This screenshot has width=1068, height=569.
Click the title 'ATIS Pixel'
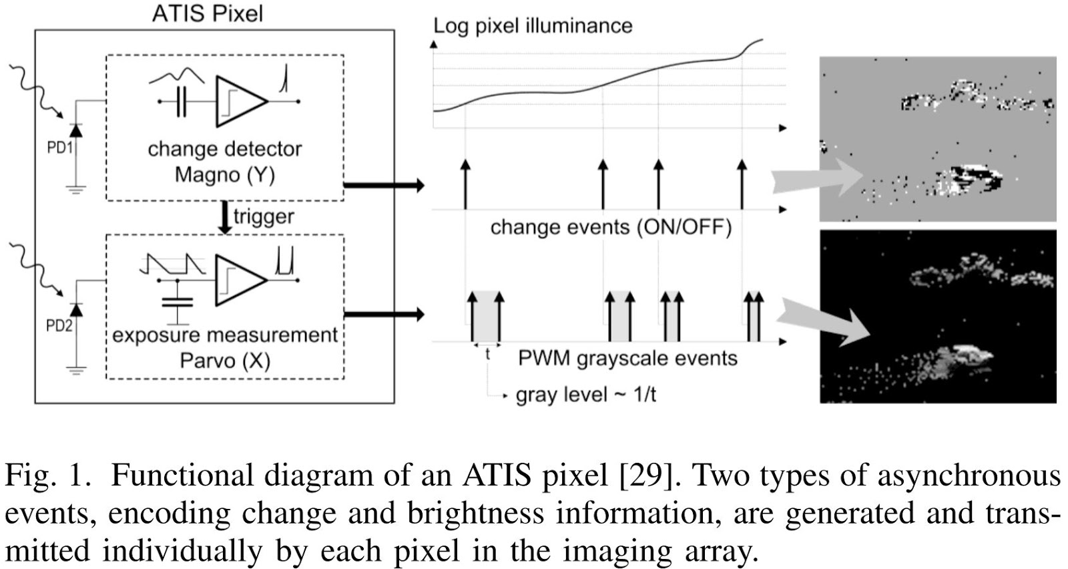click(x=208, y=13)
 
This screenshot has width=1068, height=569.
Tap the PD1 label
click(x=59, y=147)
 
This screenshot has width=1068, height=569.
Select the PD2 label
click(x=59, y=325)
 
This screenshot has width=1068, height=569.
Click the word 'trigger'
click(x=264, y=216)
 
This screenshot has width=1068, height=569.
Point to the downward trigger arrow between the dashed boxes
click(x=226, y=218)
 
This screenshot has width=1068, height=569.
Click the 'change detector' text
click(x=224, y=148)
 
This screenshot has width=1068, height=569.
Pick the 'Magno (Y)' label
click(x=224, y=174)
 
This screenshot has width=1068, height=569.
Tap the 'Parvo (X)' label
click(x=225, y=361)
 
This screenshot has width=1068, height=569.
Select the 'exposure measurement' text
click(x=225, y=335)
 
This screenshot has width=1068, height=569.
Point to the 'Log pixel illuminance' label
click(x=532, y=26)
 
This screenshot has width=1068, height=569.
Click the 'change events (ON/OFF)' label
click(x=611, y=227)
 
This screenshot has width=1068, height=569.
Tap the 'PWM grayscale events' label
click(x=627, y=358)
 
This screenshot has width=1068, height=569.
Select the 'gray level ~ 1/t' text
click(x=585, y=395)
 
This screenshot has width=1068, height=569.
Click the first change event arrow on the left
click(x=465, y=184)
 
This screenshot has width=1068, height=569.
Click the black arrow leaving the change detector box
click(x=383, y=185)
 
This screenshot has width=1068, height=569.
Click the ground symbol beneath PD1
click(x=75, y=190)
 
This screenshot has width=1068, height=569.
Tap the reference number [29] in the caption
click(x=643, y=476)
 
